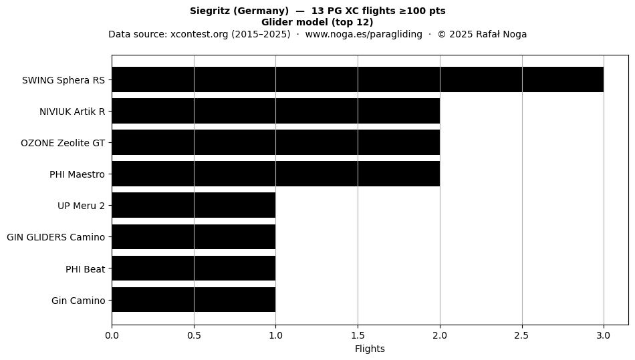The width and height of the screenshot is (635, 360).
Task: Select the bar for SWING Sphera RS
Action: [x=358, y=79]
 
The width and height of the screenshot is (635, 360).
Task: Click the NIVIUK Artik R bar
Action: [x=276, y=112]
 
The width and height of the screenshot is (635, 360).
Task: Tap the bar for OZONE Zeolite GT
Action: [x=276, y=142]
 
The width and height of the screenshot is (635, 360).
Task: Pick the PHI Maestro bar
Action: [x=276, y=174]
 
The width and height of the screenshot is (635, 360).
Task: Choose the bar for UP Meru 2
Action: [x=194, y=205]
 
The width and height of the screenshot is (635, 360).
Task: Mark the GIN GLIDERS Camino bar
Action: [x=194, y=236]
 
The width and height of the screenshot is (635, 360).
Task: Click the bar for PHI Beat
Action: [x=194, y=268]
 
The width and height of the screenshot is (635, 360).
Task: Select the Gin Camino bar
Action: [x=194, y=300]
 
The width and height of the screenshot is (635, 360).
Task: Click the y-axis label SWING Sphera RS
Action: [x=63, y=80]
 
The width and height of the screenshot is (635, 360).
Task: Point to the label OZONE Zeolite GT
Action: [x=63, y=143]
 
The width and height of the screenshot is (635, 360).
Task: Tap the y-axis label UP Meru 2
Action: [x=81, y=206]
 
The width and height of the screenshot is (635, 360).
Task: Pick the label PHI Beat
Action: [x=86, y=269]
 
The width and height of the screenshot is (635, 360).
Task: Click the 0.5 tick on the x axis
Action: [x=194, y=335]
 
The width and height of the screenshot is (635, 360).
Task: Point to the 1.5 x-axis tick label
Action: [x=358, y=335]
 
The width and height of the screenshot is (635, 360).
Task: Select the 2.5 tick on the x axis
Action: [x=521, y=335]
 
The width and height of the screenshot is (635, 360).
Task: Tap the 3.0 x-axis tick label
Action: [x=604, y=335]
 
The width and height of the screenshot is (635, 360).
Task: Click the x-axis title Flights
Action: [x=370, y=349]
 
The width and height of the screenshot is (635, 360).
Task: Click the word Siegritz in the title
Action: [x=210, y=11]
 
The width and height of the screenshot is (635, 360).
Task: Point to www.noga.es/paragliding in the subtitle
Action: [x=364, y=34]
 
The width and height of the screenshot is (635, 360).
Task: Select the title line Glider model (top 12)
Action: [x=317, y=22]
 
